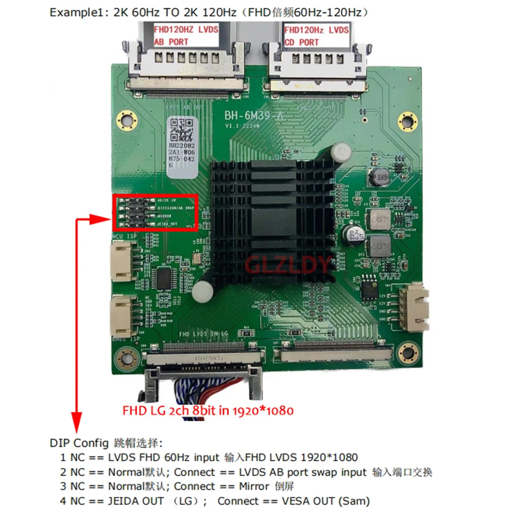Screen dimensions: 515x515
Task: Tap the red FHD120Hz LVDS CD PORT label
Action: tap(316, 36)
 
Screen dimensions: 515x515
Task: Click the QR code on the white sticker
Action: tap(181, 131)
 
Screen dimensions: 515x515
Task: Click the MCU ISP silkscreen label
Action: tap(124, 236)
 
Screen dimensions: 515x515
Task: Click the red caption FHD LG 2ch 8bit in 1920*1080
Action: tap(208, 411)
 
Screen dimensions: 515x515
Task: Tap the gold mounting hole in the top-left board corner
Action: tap(124, 116)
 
